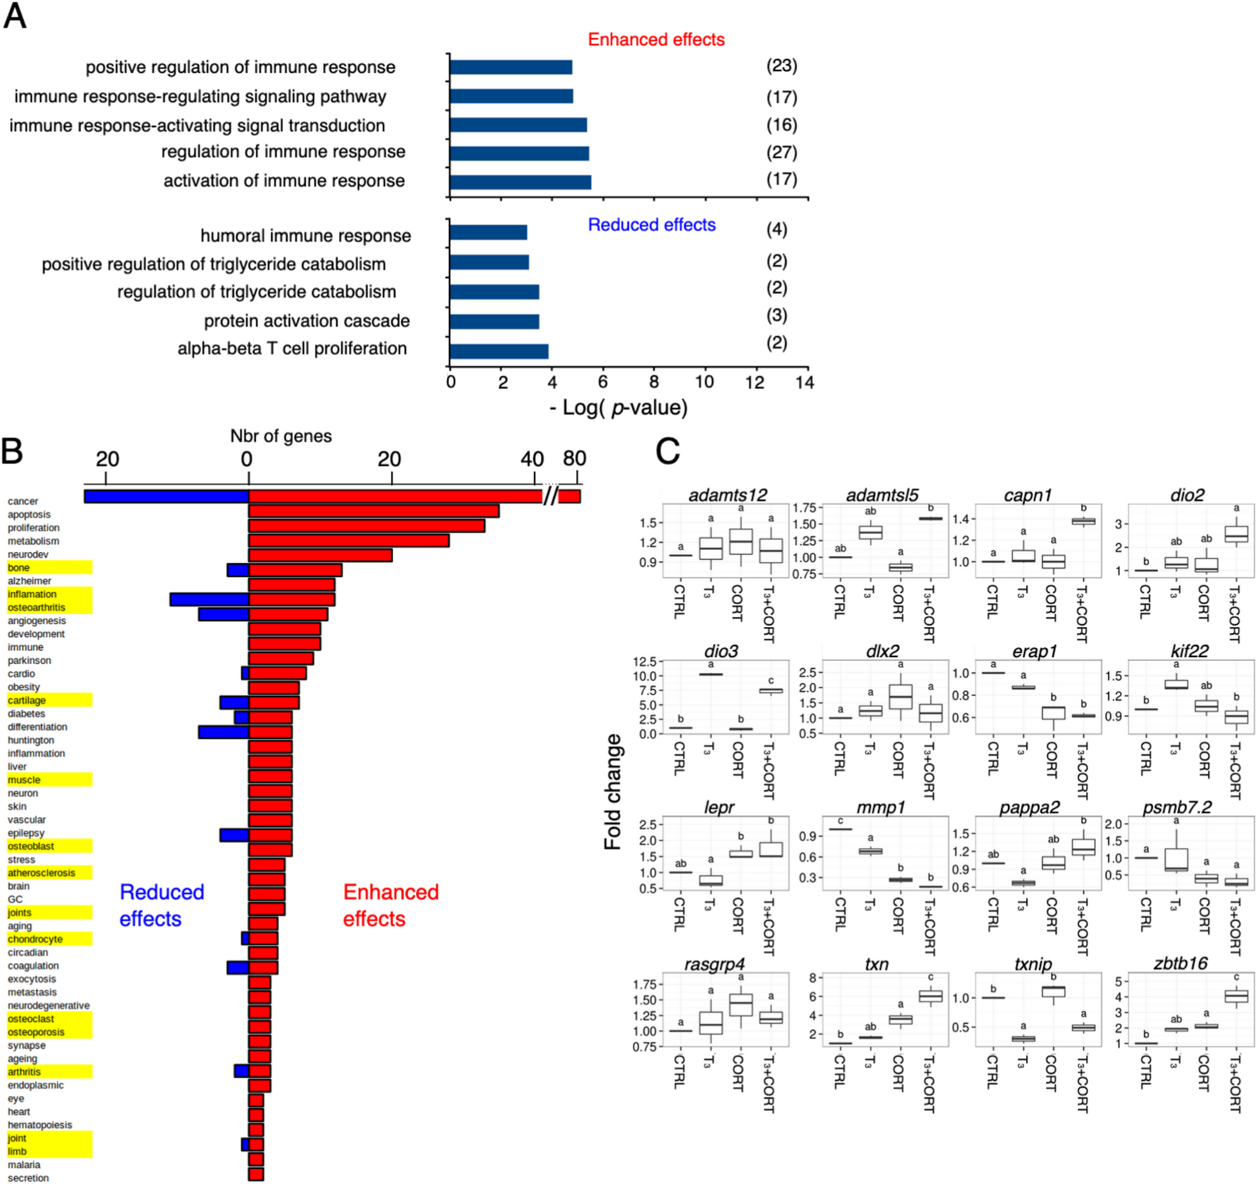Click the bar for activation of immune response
[520, 182]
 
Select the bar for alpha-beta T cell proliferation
[499, 351]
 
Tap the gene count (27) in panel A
[782, 153]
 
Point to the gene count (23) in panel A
[782, 66]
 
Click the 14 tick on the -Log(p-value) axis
[805, 382]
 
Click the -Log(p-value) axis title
[618, 407]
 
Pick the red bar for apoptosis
[373, 511]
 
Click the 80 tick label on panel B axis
[574, 458]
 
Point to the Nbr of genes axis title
[280, 436]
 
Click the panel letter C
[668, 452]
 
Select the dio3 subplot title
[721, 651]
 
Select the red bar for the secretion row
[256, 1175]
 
